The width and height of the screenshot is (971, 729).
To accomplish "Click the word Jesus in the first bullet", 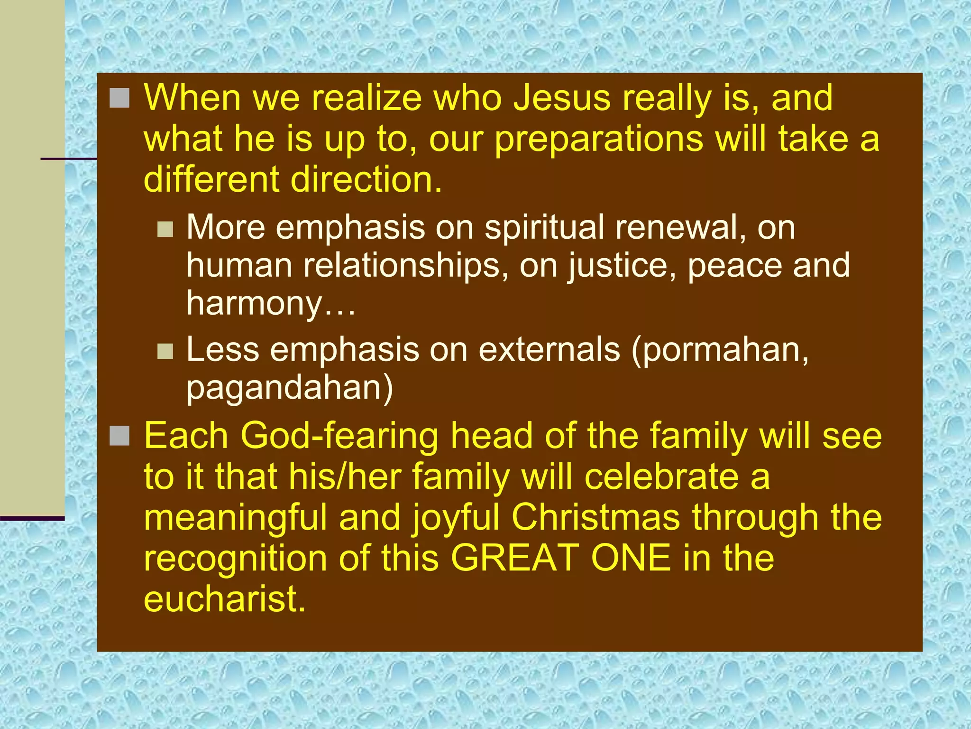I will pyautogui.click(x=562, y=98).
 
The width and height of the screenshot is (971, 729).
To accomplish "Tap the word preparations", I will pyautogui.click(x=598, y=140).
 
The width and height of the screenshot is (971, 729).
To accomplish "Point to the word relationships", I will pyautogui.click(x=405, y=266).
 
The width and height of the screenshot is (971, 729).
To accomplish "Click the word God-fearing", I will pyautogui.click(x=339, y=436).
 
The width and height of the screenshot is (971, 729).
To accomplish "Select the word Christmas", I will pyautogui.click(x=595, y=517).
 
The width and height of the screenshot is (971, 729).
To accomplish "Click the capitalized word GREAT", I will pyautogui.click(x=514, y=558).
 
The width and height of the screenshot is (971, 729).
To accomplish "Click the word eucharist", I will pyautogui.click(x=224, y=599).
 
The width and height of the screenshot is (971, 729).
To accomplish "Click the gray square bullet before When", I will pyautogui.click(x=119, y=98).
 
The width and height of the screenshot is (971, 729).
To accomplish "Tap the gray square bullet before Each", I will pyautogui.click(x=119, y=436).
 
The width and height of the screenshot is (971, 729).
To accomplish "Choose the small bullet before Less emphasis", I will pyautogui.click(x=165, y=351).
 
